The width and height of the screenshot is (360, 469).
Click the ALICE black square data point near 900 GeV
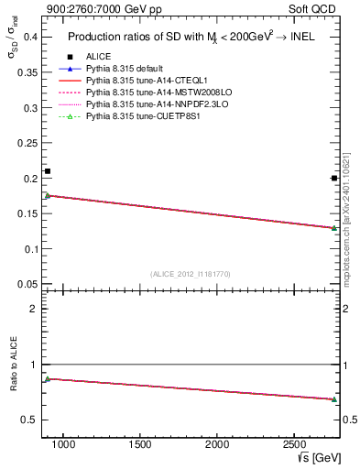pyautogui.click(x=48, y=171)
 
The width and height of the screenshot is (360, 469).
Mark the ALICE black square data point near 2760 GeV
pyautogui.click(x=334, y=179)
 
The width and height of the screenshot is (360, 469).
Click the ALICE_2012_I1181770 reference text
pyautogui.click(x=190, y=273)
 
